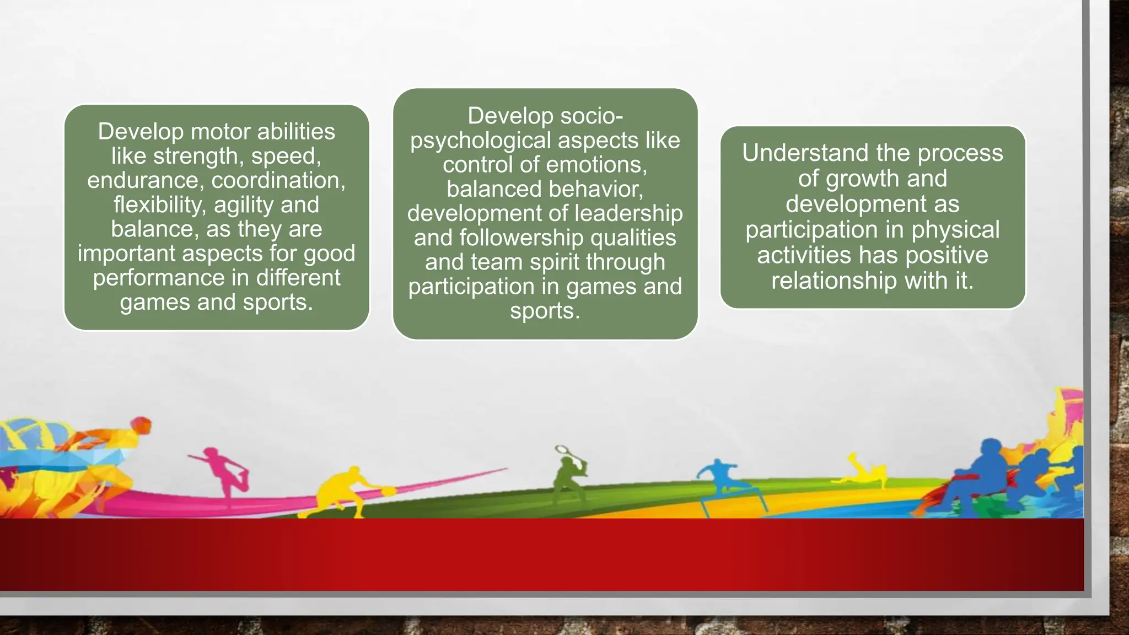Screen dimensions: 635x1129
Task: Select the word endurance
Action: (145, 180)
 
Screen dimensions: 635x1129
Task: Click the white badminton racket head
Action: (562, 449)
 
